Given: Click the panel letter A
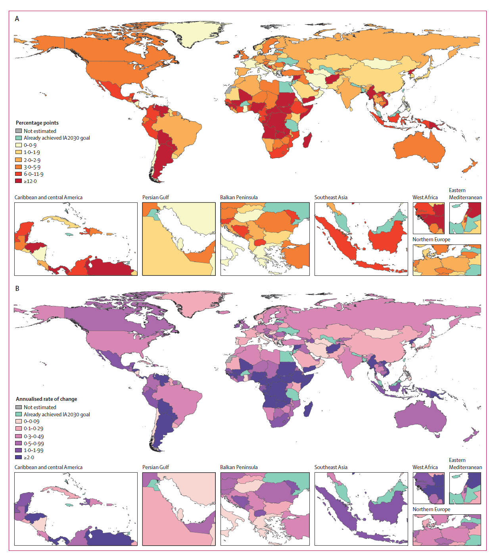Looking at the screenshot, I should pos(17,19).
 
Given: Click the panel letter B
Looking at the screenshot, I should pos(17,289).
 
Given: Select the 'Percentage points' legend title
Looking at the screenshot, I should pos(37,123).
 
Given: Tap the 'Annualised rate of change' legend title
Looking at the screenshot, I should pos(46,399).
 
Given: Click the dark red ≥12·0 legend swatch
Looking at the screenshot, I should pos(19,181).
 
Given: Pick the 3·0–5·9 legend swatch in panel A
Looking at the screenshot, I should pos(19,167).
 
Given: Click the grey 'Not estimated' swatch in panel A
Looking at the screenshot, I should pos(19,131).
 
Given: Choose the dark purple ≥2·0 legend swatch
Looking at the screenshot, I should pos(19,457).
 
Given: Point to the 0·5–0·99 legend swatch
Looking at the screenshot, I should pos(19,443).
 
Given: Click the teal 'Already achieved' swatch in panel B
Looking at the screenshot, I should pos(19,414).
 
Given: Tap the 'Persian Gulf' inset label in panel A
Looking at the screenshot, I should pos(155,197).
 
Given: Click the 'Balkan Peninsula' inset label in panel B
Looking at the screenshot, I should pos(239,467).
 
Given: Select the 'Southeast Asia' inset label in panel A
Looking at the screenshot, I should pos(331,197).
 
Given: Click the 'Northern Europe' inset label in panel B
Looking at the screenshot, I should pos(431,509).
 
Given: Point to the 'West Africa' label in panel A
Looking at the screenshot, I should pos(425,197).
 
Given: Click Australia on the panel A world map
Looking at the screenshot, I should pos(420,149).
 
